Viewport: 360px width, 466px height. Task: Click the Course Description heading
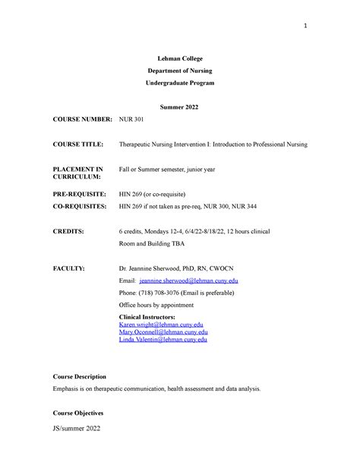pos(79,376)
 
